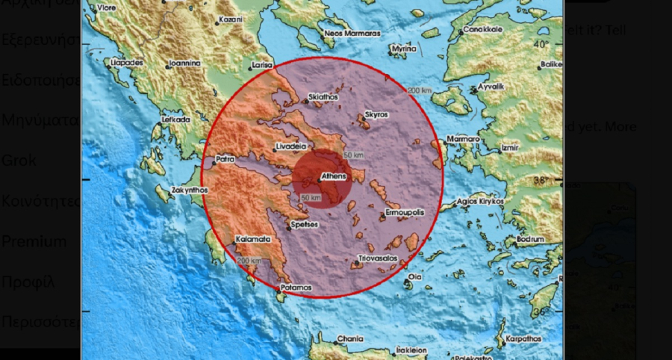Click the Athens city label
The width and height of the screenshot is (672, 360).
coord(333,177)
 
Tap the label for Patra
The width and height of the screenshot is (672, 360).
coord(225,159)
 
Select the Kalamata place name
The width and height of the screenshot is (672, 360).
coord(252,239)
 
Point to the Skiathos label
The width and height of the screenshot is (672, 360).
coord(324,97)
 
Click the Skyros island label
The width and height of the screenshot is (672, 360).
coord(376,115)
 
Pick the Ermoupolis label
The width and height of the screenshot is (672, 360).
coord(404,214)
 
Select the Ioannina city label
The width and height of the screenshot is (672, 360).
coord(184,64)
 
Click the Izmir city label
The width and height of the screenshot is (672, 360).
coord(511,149)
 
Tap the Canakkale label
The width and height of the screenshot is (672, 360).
coord(485,31)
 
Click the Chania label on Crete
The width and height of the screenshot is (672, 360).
coord(350,338)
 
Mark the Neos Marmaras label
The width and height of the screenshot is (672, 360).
coord(352,34)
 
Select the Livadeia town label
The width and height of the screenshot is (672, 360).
coord(291,146)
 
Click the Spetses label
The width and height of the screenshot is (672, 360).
coord(305,224)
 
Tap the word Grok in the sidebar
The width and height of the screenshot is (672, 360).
coord(19,160)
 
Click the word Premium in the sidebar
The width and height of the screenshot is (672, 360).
coord(34,241)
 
